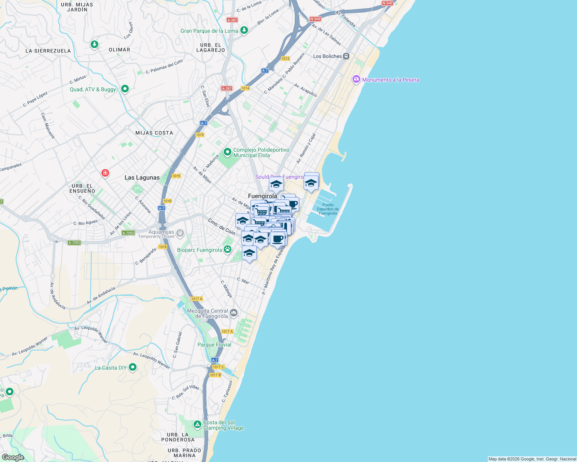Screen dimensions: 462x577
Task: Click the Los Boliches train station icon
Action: (x=346, y=56)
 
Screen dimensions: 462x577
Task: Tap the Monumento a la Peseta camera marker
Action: (x=356, y=79)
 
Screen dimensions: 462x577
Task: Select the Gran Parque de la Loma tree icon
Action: (x=244, y=30)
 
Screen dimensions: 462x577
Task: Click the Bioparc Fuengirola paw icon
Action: (x=228, y=249)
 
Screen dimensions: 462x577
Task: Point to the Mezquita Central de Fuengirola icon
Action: (x=233, y=313)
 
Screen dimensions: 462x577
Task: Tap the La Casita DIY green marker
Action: (x=133, y=367)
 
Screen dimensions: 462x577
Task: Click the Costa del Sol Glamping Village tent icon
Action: (x=197, y=425)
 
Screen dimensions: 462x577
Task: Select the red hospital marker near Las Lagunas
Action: (x=105, y=173)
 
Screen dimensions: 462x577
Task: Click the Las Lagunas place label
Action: (x=142, y=177)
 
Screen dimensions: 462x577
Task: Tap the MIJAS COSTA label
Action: (x=154, y=133)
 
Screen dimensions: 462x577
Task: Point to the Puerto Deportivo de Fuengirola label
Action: (x=328, y=209)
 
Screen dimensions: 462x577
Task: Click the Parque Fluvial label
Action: (x=214, y=345)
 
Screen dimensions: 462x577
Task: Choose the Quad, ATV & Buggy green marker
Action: (x=125, y=89)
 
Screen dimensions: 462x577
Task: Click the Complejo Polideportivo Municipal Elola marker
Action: (x=228, y=152)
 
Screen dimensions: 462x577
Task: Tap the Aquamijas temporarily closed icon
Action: (x=180, y=233)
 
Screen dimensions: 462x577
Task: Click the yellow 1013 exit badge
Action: (x=285, y=59)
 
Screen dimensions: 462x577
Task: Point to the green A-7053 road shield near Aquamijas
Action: (x=128, y=233)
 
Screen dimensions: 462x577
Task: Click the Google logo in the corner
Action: (x=13, y=457)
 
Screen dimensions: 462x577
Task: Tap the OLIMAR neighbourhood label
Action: (x=119, y=50)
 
